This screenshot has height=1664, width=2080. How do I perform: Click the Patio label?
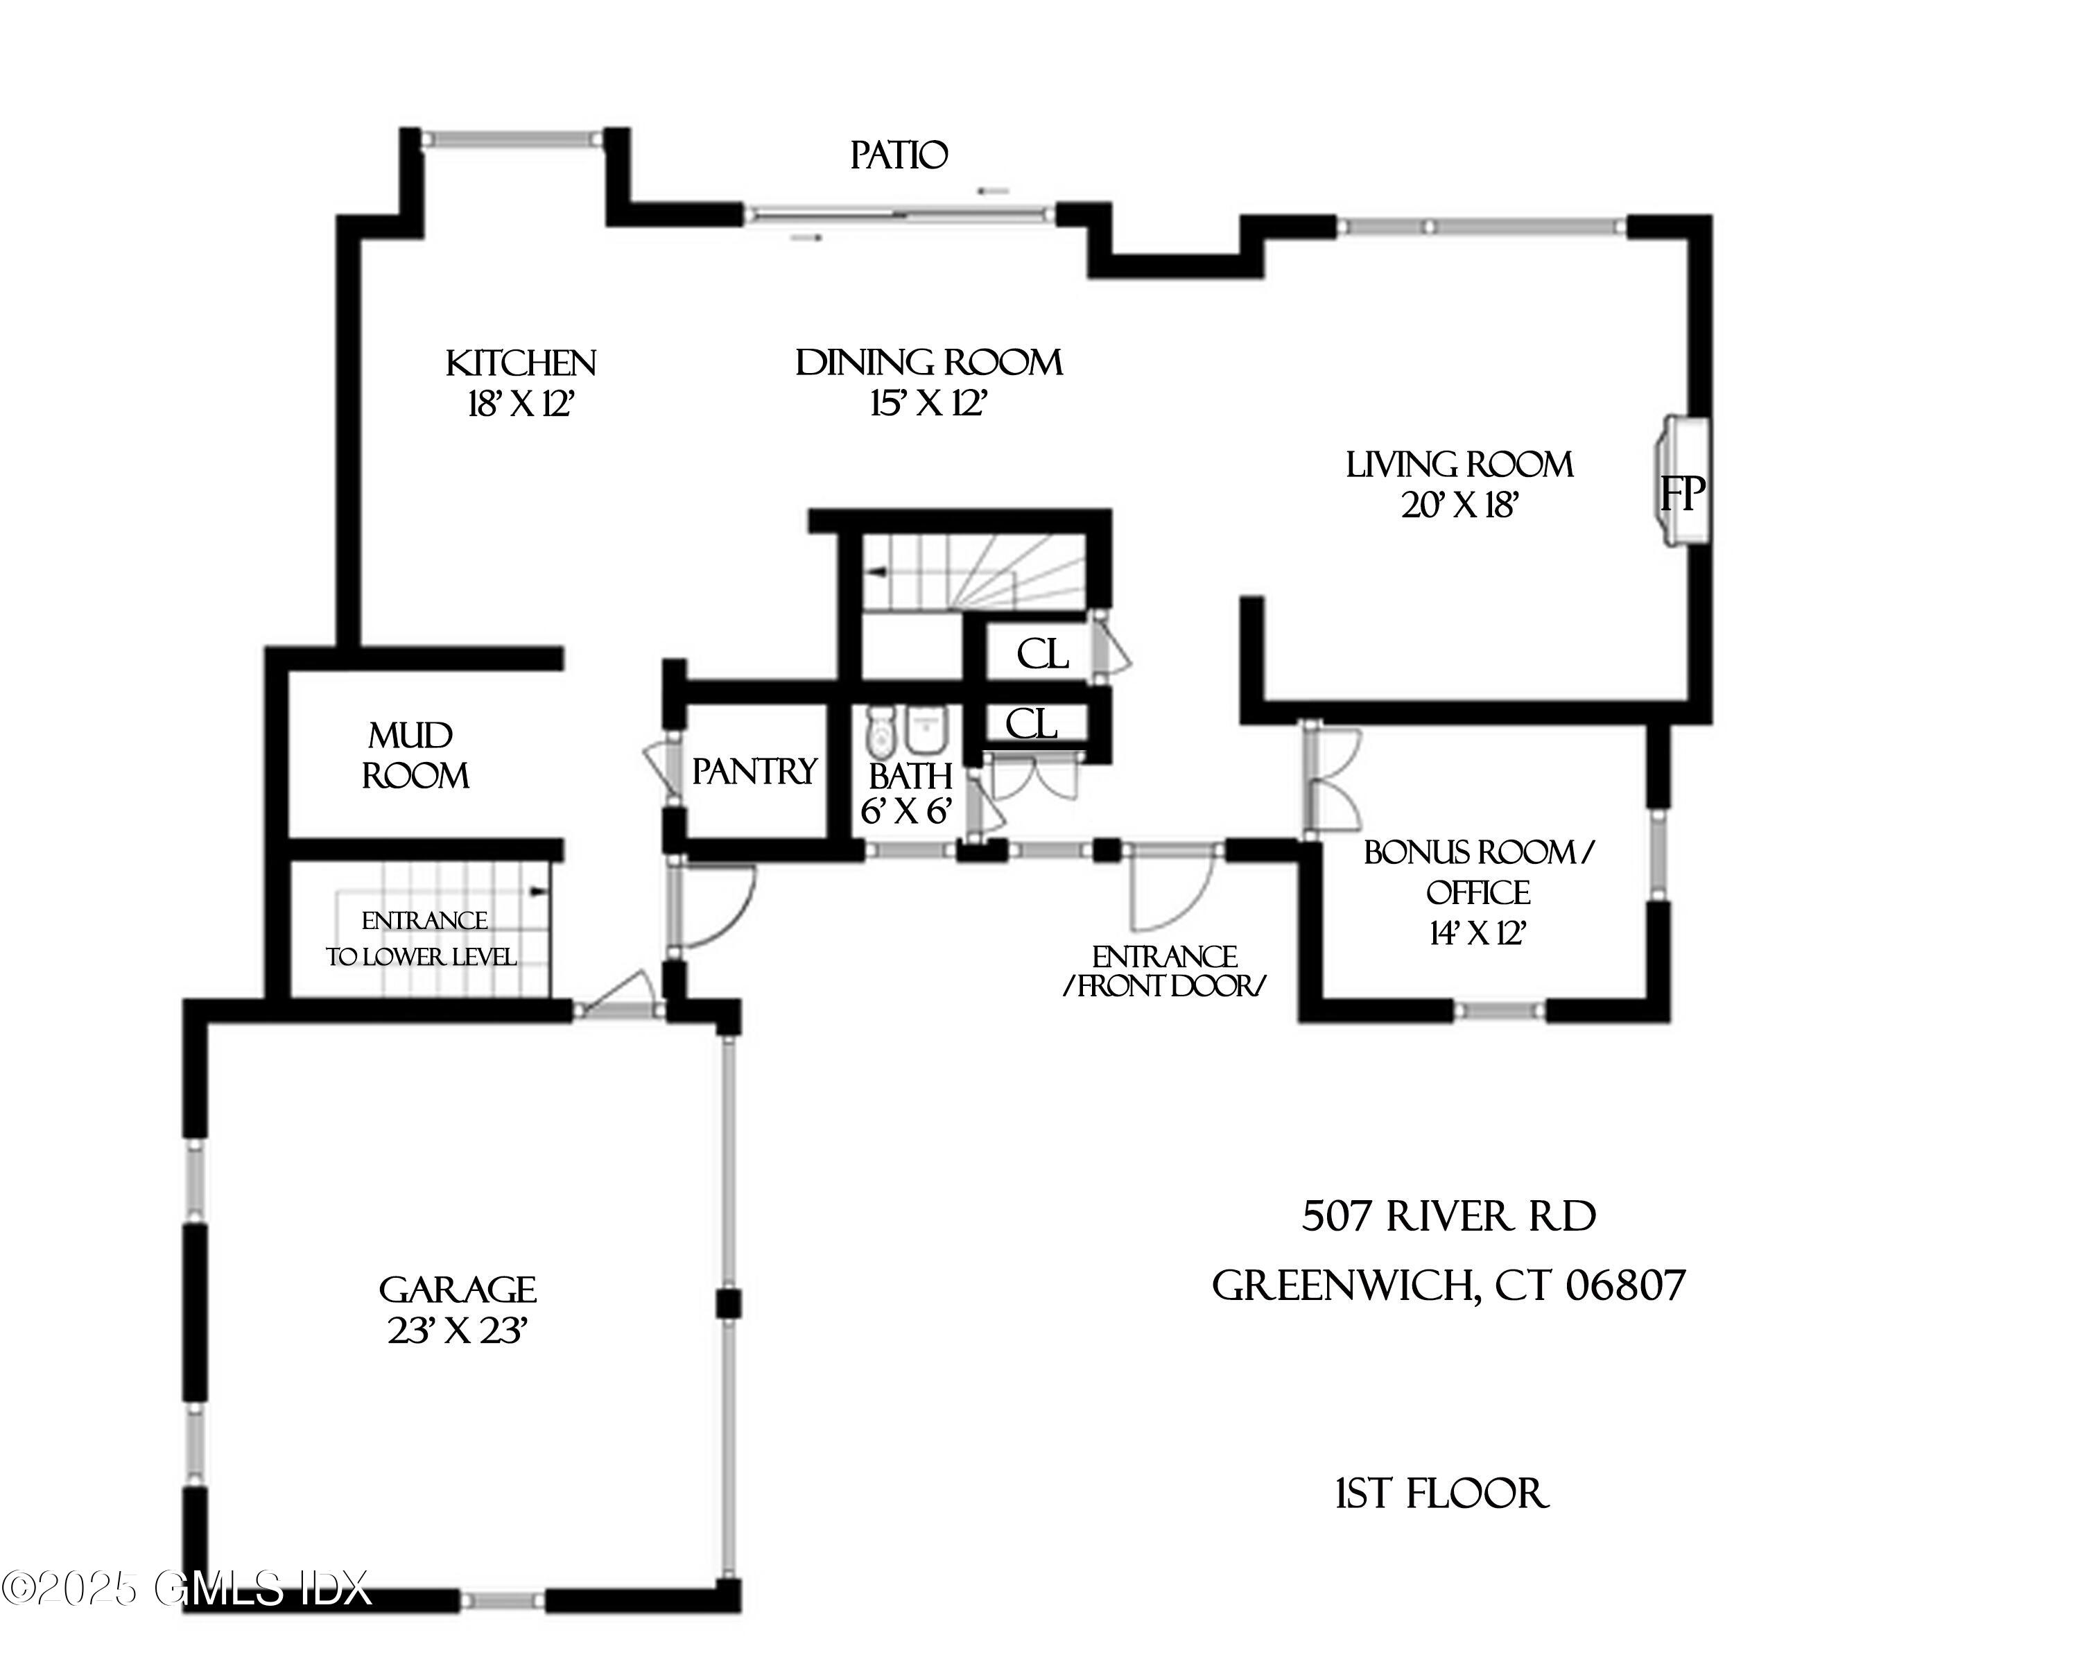(898, 155)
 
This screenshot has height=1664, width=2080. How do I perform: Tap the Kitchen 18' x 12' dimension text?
(521, 405)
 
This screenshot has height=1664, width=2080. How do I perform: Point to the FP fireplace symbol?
(1681, 495)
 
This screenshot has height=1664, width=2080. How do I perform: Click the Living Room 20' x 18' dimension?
(1459, 505)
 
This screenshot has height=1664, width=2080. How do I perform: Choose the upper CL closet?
(1042, 656)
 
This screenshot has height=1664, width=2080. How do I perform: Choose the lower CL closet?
(1031, 723)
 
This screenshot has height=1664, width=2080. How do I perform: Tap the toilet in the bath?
(880, 732)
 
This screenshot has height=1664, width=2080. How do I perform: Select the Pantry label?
(754, 772)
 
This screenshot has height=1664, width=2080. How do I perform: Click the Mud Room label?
(415, 756)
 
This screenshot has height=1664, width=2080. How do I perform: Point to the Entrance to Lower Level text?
(422, 939)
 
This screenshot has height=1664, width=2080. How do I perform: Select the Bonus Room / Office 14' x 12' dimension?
(1476, 934)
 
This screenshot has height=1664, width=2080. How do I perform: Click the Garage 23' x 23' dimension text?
(458, 1332)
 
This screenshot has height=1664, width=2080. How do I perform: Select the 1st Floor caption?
(1441, 1494)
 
